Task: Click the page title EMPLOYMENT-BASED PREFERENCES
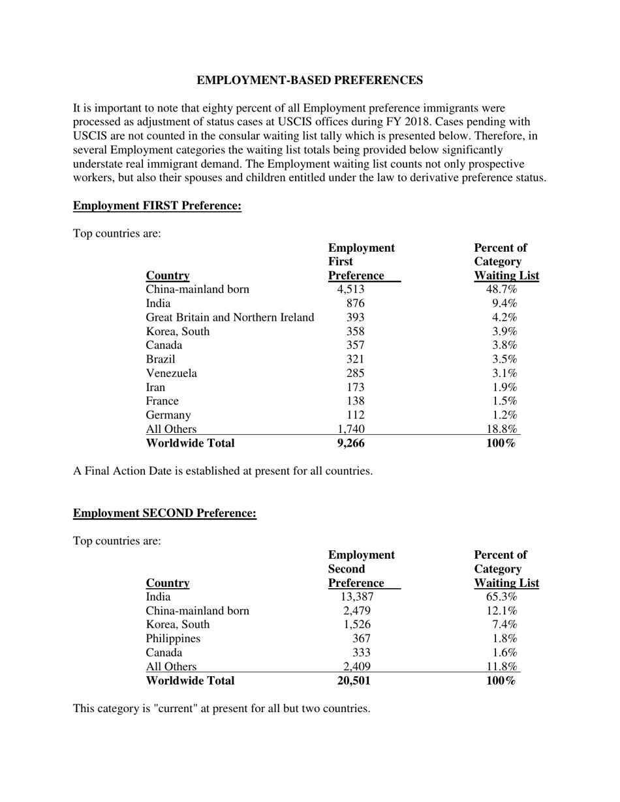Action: [x=309, y=80]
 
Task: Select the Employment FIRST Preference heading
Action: [x=157, y=206]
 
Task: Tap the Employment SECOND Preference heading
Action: [x=164, y=513]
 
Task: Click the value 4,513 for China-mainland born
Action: [x=350, y=290]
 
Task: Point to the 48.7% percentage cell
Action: [x=501, y=290]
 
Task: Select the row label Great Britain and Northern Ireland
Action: [x=230, y=318]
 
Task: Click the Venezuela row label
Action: [x=171, y=374]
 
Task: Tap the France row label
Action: [x=162, y=401]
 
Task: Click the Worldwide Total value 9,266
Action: [x=350, y=443]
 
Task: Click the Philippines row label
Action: [x=173, y=638]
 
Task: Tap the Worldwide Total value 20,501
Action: [x=353, y=681]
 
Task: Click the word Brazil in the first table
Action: [x=161, y=359]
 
